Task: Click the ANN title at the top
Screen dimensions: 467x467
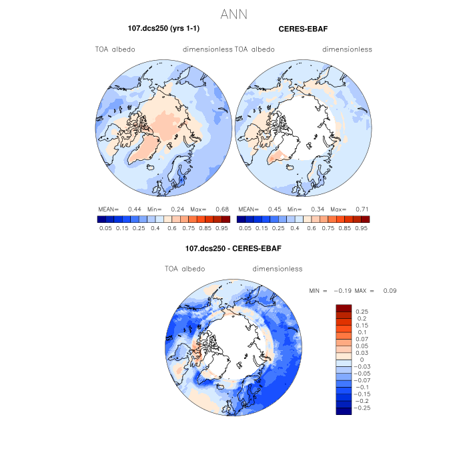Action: [x=233, y=13]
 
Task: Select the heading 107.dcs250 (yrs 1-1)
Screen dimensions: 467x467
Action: [x=164, y=29]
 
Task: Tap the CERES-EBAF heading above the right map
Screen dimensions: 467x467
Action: [x=304, y=29]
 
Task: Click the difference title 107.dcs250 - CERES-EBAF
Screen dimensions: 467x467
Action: [x=233, y=249]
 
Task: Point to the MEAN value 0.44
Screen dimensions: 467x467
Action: [x=134, y=208]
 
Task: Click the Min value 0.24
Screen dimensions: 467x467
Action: [x=177, y=208]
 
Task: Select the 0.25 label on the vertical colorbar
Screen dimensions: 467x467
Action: [x=362, y=312]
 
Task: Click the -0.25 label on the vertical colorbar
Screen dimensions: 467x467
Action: [x=364, y=407]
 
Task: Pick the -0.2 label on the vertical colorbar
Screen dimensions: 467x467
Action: [x=362, y=400]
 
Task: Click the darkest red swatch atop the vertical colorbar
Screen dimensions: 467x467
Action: [x=344, y=308]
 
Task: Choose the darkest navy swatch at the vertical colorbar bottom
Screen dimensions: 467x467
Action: [x=344, y=411]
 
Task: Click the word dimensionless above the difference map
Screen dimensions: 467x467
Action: [x=278, y=269]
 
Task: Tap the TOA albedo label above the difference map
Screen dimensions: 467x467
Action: [x=185, y=269]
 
